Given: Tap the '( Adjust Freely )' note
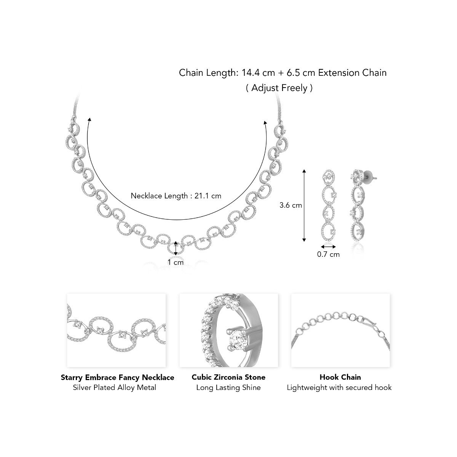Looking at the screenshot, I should pyautogui.click(x=279, y=88).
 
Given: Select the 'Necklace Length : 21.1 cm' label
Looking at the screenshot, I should pyautogui.click(x=176, y=196).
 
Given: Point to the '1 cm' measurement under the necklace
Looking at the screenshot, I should pyautogui.click(x=176, y=262).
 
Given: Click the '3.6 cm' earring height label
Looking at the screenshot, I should pyautogui.click(x=291, y=205).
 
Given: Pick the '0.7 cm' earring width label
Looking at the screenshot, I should pyautogui.click(x=328, y=254).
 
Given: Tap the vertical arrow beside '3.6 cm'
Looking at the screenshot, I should pyautogui.click(x=304, y=205).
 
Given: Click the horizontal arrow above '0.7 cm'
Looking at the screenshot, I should pyautogui.click(x=328, y=246).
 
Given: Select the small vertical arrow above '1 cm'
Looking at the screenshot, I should pyautogui.click(x=176, y=248).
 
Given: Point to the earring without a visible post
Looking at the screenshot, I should pyautogui.click(x=328, y=206).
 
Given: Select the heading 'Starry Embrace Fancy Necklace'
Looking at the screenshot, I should pyautogui.click(x=118, y=377).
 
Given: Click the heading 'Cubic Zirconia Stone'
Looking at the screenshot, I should pyautogui.click(x=228, y=377).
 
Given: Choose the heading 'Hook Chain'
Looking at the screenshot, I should pyautogui.click(x=340, y=377).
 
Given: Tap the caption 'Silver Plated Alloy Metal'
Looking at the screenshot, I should pyautogui.click(x=114, y=388).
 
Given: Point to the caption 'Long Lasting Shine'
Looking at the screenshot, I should pyautogui.click(x=228, y=388).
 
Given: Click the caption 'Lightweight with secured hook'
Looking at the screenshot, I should pyautogui.click(x=339, y=388).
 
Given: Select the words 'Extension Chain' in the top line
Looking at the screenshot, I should pyautogui.click(x=352, y=73).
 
